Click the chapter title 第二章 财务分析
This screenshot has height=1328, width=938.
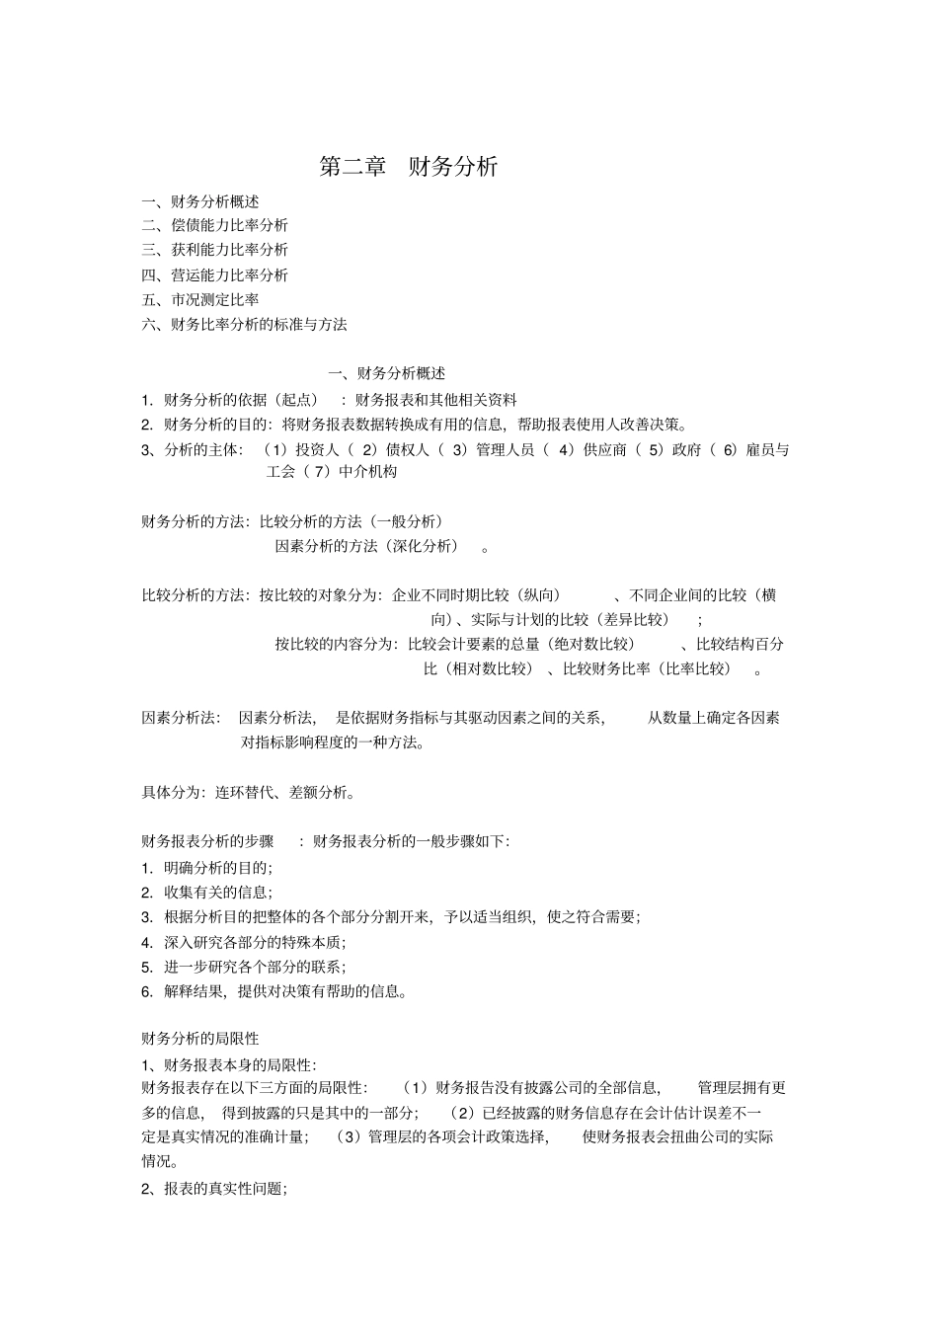click(409, 166)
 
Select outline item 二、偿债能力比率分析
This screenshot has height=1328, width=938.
click(215, 225)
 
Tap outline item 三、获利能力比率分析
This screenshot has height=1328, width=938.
click(215, 250)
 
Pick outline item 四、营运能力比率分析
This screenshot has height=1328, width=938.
click(215, 274)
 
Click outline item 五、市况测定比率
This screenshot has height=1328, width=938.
click(200, 299)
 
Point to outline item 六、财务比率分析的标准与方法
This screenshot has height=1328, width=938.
click(245, 324)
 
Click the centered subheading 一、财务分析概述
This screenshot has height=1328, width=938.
click(386, 373)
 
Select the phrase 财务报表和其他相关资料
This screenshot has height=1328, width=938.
click(435, 400)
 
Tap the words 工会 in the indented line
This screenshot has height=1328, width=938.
click(280, 472)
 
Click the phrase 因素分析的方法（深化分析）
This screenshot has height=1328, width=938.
click(366, 546)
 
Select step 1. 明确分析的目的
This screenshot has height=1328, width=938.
click(207, 868)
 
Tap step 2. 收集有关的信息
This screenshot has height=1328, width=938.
click(207, 893)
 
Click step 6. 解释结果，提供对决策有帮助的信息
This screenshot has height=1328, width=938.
click(274, 991)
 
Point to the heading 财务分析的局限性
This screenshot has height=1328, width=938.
click(200, 1039)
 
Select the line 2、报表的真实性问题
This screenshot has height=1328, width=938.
click(214, 1189)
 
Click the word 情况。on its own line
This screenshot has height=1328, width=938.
click(160, 1162)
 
